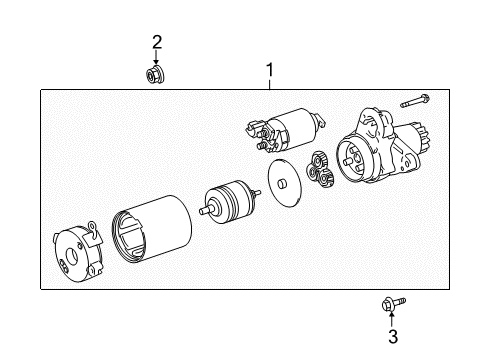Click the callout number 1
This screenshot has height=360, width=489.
270,70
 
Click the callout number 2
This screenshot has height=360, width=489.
157,42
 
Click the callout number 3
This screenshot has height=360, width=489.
393,336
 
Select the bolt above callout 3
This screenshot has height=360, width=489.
393,304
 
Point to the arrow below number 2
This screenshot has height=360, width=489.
156,57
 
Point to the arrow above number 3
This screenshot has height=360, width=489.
392,319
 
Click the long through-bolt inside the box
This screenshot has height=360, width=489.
415,101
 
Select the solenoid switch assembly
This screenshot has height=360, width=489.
285,130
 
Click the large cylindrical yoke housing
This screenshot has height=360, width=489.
152,228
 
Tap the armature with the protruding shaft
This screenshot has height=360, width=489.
229,202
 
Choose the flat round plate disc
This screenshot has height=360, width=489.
284,182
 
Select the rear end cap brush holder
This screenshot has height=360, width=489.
78,252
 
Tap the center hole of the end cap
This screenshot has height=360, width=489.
72,256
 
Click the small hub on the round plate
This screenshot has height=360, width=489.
282,184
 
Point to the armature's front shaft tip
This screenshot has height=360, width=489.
202,211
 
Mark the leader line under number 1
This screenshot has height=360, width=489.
270,84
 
